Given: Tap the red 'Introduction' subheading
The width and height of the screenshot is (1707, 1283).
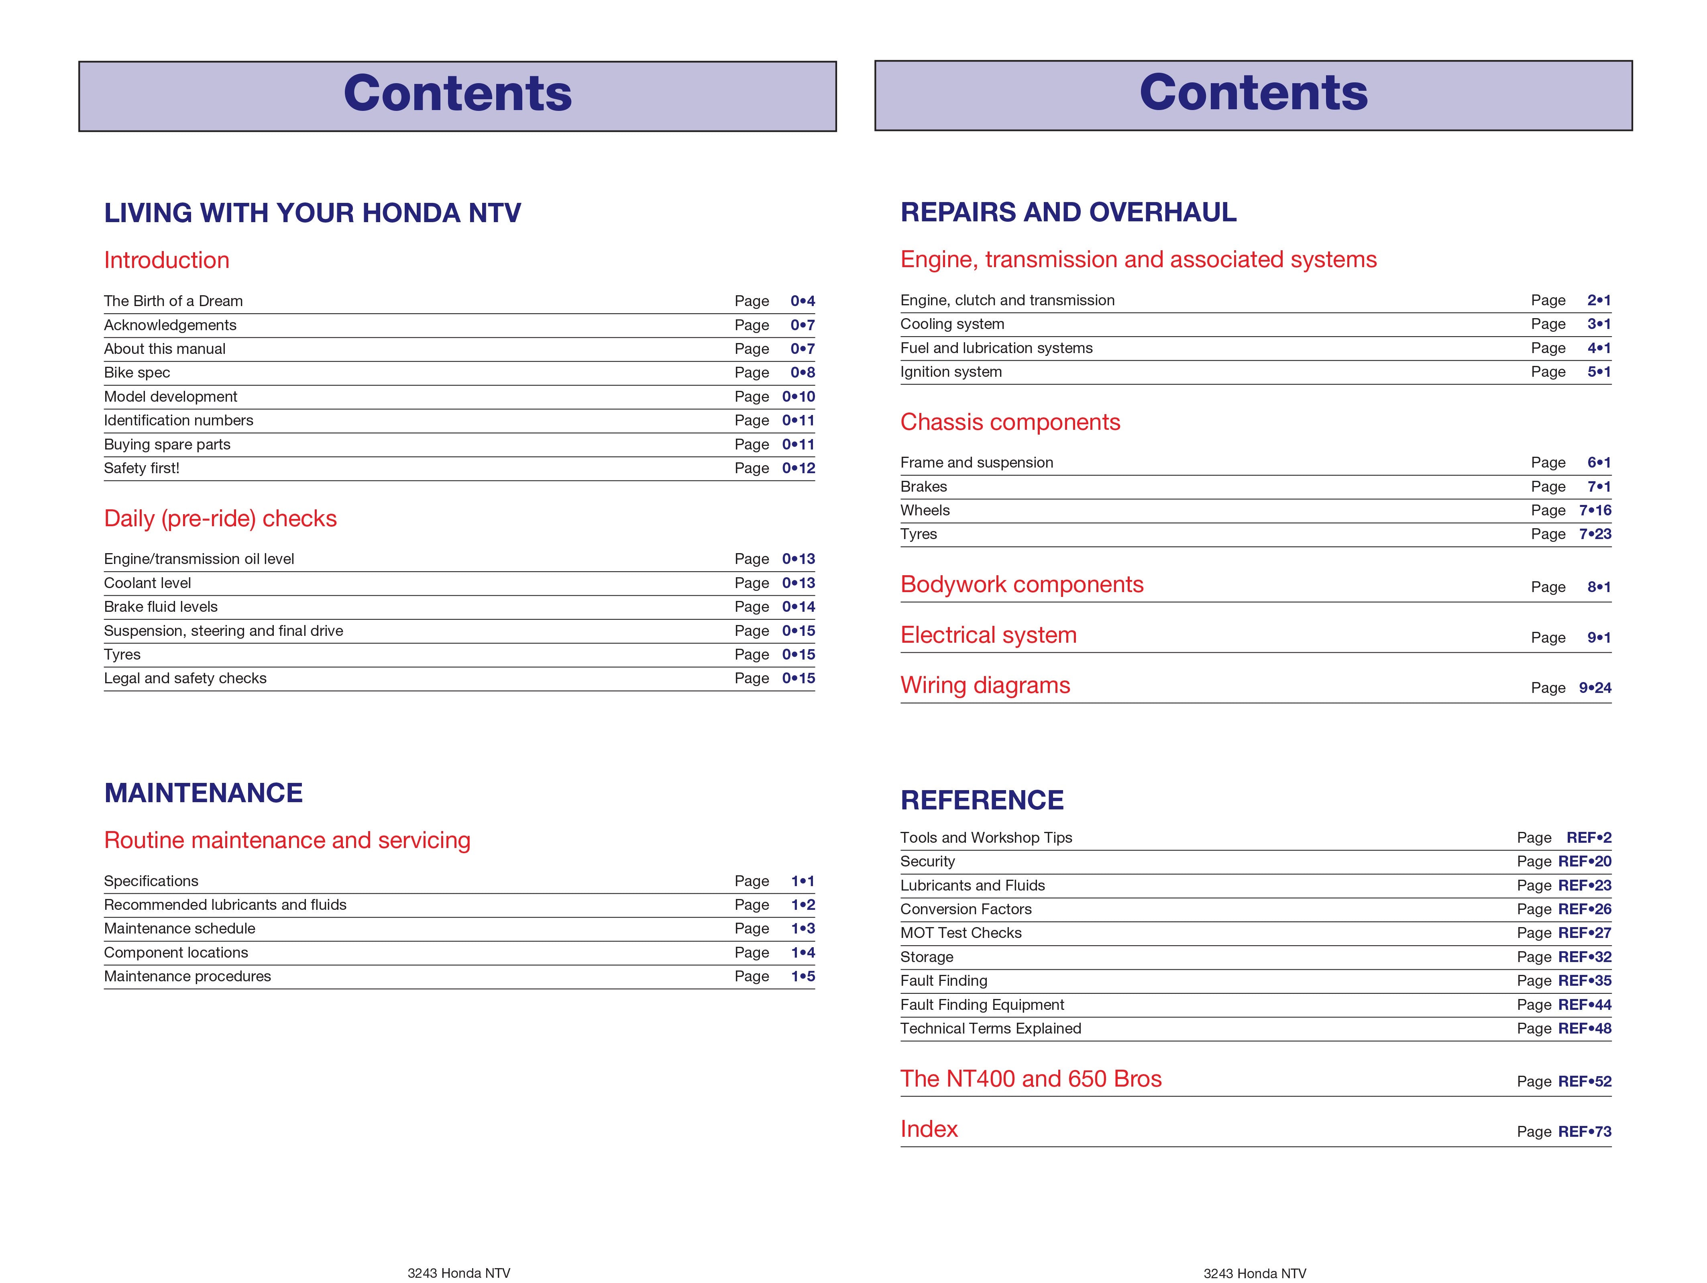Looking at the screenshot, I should point(167,260).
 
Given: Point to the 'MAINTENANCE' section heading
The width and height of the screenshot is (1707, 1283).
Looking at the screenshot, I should point(203,793).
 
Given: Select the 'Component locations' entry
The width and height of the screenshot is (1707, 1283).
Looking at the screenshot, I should point(176,952).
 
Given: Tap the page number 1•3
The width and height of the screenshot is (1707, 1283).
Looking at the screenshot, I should point(803,929).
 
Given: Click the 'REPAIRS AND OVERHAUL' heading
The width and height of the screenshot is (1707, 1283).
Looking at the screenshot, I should point(1068,212).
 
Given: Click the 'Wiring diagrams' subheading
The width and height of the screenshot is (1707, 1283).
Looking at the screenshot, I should point(985,686).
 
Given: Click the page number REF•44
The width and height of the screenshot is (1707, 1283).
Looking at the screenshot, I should point(1584,1005).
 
